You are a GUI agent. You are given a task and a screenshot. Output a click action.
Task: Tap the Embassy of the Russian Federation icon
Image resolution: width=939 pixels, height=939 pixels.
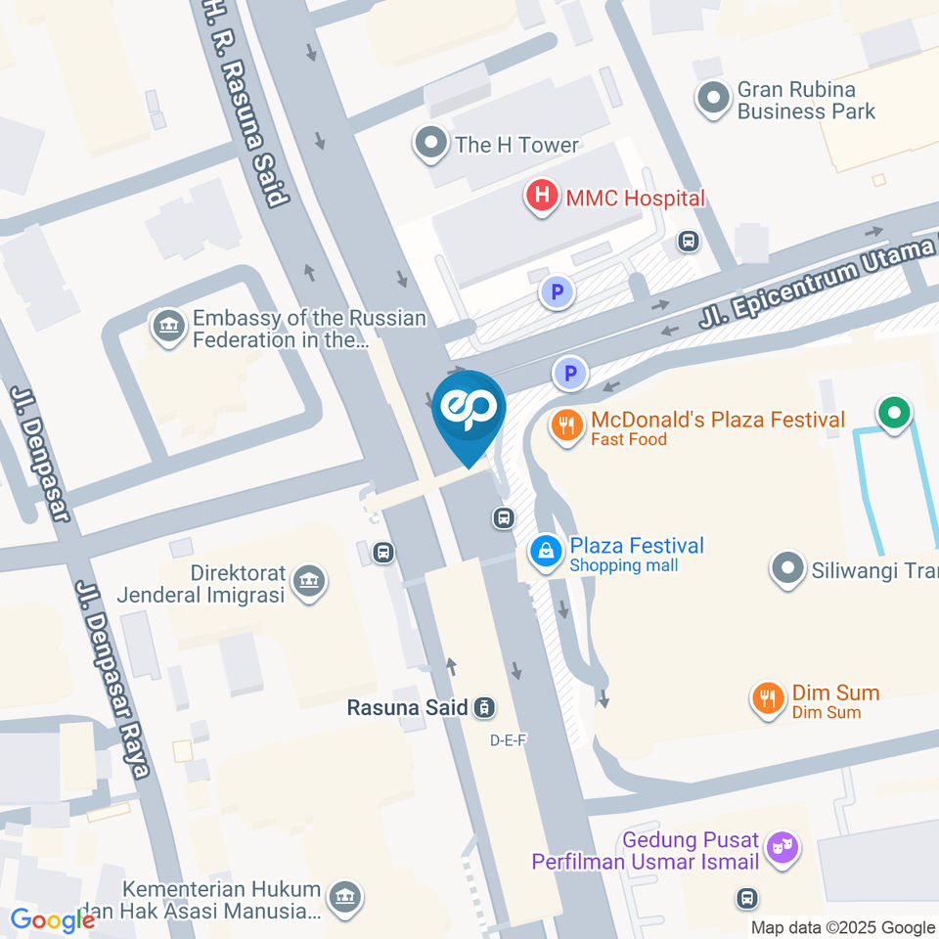coord(169,328)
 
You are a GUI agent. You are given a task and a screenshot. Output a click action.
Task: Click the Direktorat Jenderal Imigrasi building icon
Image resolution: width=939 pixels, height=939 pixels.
coord(310,582)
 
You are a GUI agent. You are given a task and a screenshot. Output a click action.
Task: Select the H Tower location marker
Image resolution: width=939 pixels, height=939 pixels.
coord(430,145)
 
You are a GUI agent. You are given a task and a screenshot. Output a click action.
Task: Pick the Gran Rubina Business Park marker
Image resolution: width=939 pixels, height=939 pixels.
coord(713,98)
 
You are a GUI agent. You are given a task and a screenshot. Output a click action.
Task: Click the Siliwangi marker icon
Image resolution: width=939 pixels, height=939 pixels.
coord(786,569)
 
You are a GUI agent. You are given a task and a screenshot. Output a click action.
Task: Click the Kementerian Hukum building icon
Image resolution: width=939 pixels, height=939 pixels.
coord(343,898)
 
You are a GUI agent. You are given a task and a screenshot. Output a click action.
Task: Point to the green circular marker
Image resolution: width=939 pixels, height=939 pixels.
coord(893,413)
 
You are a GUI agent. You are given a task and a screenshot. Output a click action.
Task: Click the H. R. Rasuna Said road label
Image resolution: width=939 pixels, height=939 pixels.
coord(246,108)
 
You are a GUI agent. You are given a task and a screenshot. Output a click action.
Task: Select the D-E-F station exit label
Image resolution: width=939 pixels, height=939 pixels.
coord(509,740)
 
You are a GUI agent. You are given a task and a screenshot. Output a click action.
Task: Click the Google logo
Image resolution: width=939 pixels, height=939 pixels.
coord(52,919)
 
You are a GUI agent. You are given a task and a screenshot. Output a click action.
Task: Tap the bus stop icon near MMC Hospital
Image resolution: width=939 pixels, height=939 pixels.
coord(689,240)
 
